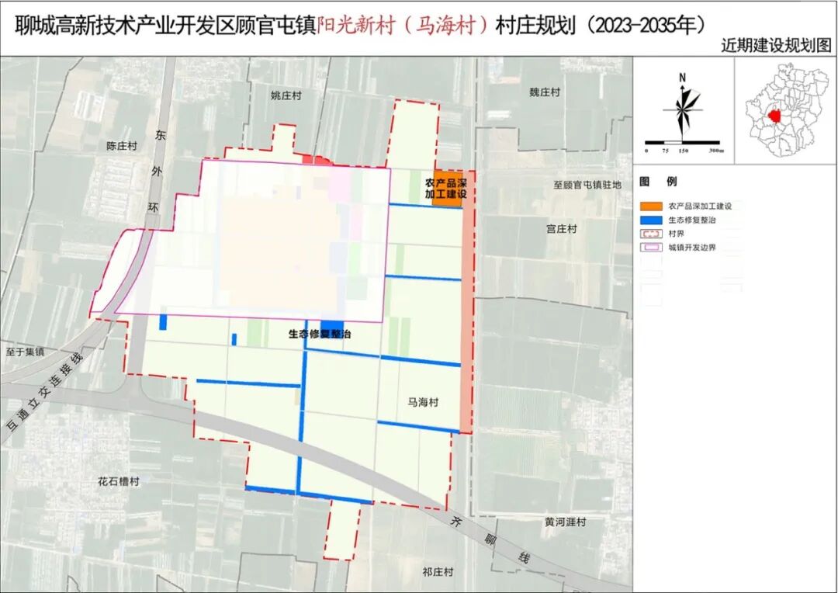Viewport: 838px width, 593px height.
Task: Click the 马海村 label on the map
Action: pos(423,403)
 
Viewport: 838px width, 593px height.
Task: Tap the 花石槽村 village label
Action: pos(119,481)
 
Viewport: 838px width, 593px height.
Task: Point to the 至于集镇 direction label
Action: pos(23,352)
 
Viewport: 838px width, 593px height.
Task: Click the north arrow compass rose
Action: pos(683,109)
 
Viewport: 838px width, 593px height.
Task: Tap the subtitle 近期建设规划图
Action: pos(775,46)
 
